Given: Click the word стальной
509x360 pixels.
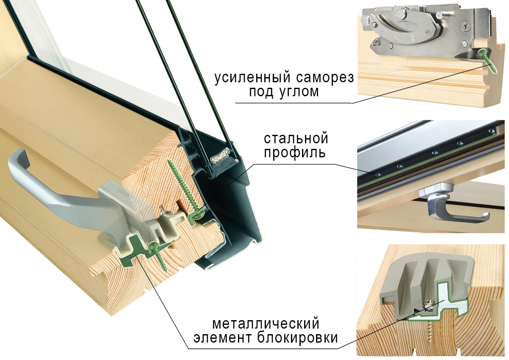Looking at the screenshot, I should (x=296, y=139).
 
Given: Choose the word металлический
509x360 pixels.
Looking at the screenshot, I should (x=265, y=325).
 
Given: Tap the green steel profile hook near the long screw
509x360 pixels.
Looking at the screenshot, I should (x=195, y=216).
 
